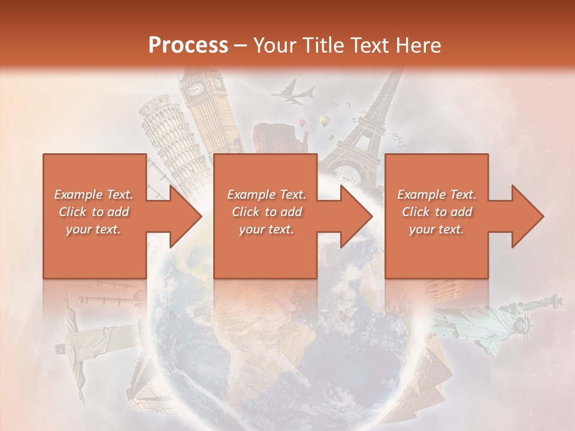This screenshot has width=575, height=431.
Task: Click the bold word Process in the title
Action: point(188,45)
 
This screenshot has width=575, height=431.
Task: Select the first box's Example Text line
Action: point(93,195)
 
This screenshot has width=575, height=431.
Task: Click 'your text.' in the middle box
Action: point(266,229)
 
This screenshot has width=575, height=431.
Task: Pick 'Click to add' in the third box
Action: point(437,212)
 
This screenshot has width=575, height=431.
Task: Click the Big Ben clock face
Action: point(196,90)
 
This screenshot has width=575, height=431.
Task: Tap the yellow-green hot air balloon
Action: point(325,122)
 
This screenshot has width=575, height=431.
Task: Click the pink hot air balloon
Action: point(303,123)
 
